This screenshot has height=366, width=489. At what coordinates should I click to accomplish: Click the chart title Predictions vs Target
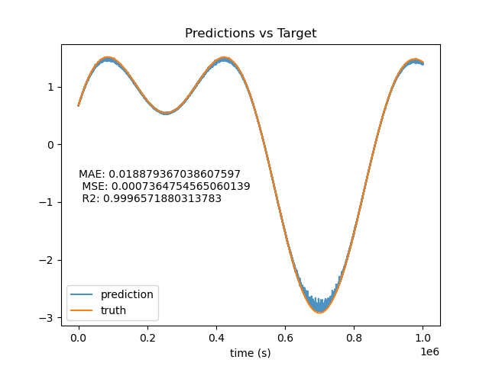[x=251, y=33]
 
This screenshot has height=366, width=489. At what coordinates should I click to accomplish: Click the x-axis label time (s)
[x=250, y=353]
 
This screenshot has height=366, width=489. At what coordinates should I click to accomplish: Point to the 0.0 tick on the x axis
[x=79, y=338]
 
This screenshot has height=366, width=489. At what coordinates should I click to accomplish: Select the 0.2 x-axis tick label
[x=147, y=338]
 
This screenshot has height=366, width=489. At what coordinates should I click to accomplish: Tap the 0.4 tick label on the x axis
[x=216, y=338]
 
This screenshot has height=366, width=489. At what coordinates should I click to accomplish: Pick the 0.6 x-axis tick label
[x=285, y=338]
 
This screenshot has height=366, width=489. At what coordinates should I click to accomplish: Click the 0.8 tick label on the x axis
[x=354, y=338]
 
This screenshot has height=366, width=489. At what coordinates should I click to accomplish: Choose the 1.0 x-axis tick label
[x=423, y=338]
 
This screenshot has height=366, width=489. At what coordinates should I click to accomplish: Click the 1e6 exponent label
[x=429, y=352]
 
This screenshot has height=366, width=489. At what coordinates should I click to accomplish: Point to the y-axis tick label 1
[x=50, y=87]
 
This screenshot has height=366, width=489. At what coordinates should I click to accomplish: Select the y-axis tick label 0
[x=50, y=145]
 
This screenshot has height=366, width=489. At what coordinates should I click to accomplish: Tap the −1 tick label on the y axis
[x=46, y=202]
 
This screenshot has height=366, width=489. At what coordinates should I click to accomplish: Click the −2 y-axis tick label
[x=46, y=260]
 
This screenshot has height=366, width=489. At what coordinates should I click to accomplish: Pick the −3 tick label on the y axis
[x=46, y=318]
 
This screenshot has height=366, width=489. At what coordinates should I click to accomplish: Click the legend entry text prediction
[x=127, y=294]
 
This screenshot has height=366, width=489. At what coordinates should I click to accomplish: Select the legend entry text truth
[x=113, y=310]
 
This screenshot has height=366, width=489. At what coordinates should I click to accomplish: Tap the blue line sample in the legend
[x=82, y=294]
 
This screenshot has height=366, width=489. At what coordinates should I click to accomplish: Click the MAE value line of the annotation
[x=160, y=174]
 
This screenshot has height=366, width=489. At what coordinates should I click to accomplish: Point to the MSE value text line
[x=166, y=186]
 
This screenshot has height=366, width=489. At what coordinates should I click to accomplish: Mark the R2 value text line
[x=151, y=198]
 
